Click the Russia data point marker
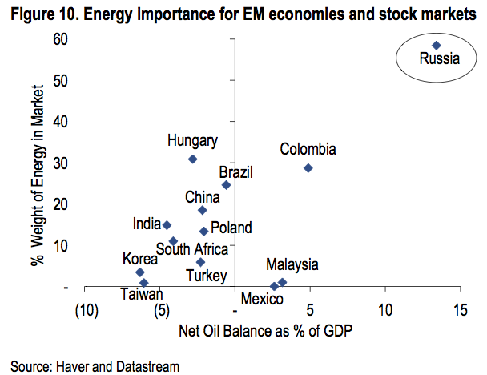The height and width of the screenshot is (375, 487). (x=437, y=46)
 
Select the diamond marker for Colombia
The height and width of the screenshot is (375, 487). (x=308, y=167)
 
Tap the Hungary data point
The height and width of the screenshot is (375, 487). (x=192, y=159)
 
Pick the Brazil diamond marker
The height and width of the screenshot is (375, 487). (x=226, y=185)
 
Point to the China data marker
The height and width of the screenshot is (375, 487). (x=203, y=210)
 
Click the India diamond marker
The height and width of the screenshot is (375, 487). (x=167, y=225)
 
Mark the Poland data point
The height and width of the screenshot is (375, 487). (x=203, y=231)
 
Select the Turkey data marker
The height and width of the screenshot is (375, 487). (x=200, y=262)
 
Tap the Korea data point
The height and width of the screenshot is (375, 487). (x=140, y=272)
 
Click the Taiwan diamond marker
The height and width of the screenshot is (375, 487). (x=143, y=283)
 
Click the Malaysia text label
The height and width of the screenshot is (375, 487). (x=292, y=264)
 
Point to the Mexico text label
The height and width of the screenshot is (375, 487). (x=262, y=300)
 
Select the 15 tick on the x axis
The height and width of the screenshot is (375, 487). (x=459, y=311)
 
